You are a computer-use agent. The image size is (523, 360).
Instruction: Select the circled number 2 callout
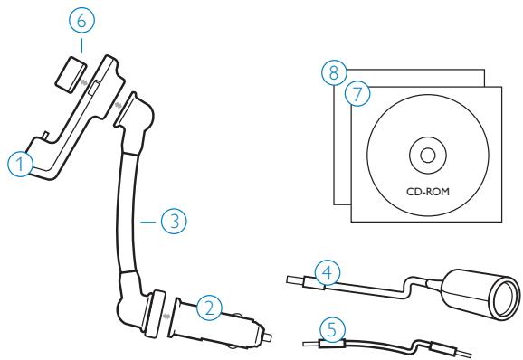210,308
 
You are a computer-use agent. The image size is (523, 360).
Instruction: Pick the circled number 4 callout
328,271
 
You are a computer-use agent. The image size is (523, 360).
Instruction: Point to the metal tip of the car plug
271,339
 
